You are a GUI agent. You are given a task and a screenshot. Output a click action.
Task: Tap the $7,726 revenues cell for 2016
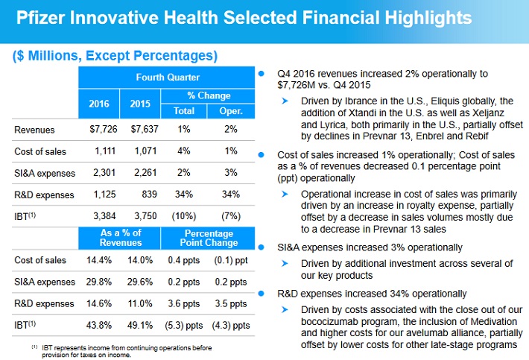104,130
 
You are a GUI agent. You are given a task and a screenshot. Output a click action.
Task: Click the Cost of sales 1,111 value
104,151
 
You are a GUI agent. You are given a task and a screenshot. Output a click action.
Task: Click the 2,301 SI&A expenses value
104,174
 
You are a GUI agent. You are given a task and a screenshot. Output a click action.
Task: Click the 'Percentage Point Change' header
209,239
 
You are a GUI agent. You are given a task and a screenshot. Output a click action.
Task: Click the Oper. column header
230,110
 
